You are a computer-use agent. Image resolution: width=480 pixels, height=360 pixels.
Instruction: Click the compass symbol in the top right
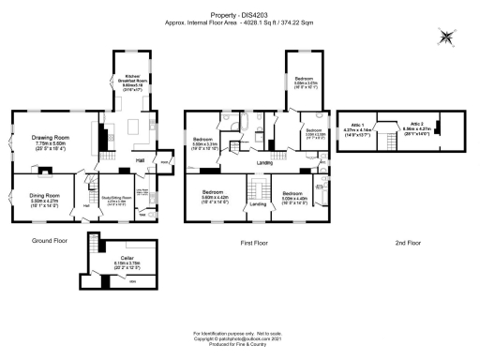pyautogui.click(x=448, y=37)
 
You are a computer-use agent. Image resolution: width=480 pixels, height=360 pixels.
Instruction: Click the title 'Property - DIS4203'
pyautogui.click(x=240, y=14)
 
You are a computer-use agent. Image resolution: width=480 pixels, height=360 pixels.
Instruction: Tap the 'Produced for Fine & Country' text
pyautogui.click(x=240, y=349)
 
